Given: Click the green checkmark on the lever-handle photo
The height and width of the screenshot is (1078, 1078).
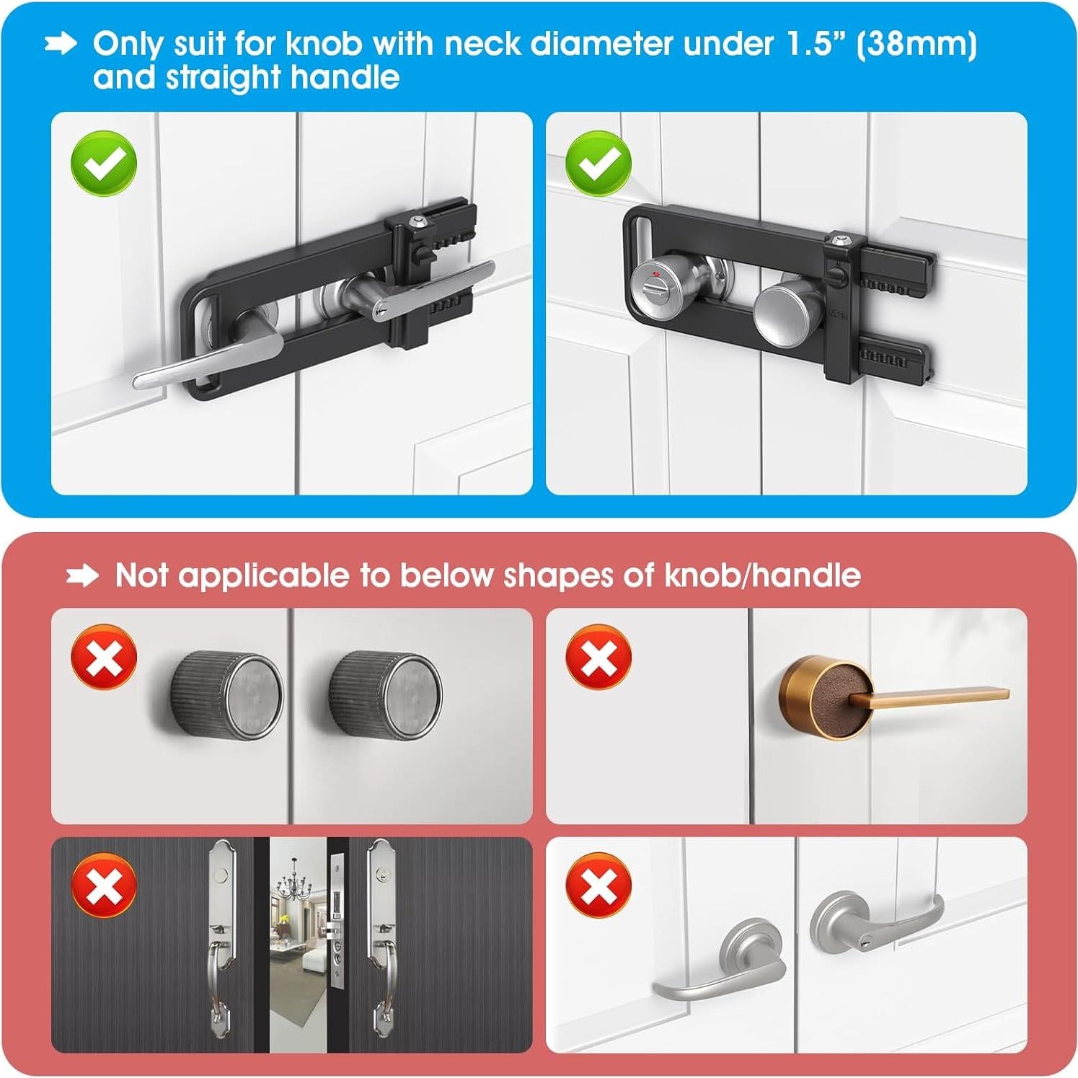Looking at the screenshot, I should [104, 164].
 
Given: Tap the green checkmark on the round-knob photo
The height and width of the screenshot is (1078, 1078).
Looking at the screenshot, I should [598, 163].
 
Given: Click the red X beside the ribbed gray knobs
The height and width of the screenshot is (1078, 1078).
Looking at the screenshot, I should [104, 657].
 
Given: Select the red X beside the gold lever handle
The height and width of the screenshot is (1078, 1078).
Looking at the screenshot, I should [598, 657].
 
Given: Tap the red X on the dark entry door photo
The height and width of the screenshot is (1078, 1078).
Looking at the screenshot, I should [104, 885].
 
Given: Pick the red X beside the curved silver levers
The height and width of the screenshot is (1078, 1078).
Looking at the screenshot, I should [598, 885].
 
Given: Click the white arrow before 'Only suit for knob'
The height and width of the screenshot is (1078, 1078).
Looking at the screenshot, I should [61, 45].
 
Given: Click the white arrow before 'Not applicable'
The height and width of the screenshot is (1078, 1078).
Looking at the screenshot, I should [82, 576].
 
